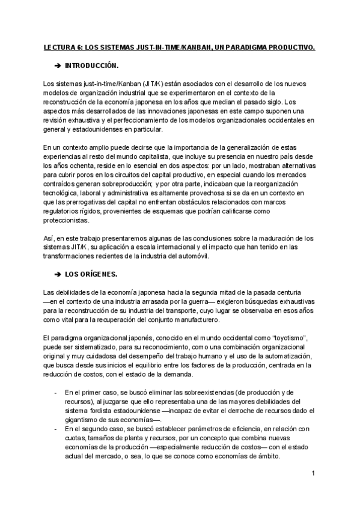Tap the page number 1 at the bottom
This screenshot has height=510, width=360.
click(x=314, y=473)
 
